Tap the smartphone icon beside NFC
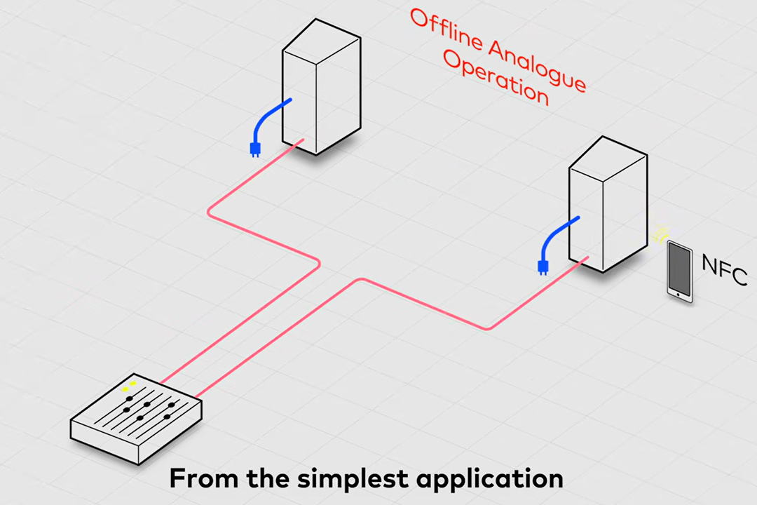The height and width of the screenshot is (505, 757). tap(679, 271)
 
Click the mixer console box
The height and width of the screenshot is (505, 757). tap(137, 421)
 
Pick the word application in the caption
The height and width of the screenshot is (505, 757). tap(493, 479)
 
